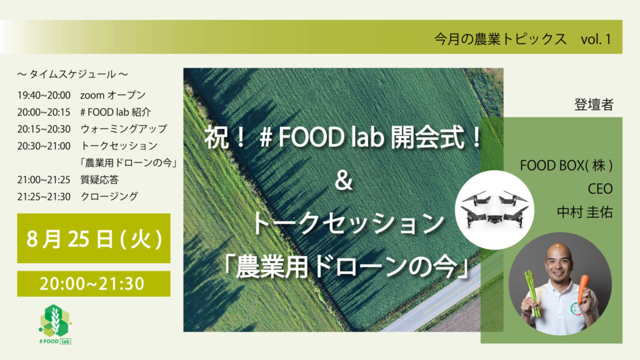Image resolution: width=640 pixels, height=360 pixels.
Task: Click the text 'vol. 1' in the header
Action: pos(596,39)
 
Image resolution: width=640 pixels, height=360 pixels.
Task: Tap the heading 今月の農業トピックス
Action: pos(500,39)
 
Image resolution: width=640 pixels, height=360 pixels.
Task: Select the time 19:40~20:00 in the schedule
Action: pos(44,96)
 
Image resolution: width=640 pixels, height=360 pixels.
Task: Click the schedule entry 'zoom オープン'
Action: pos(112,95)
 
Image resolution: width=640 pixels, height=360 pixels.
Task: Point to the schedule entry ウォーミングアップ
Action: pos(124,129)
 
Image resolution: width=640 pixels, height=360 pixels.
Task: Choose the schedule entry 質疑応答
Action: pos(99,179)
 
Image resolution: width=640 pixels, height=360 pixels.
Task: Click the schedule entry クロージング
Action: pos(109,196)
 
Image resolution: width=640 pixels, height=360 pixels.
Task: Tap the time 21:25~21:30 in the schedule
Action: pos(44,197)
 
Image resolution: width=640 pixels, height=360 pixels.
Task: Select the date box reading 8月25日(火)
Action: pos(94,238)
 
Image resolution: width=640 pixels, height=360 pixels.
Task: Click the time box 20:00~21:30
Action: pos(94,283)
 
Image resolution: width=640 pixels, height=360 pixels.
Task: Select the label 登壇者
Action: pos(594,105)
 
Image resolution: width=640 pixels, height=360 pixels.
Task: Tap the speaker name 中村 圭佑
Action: pos(584,212)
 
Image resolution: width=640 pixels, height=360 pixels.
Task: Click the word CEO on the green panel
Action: pos(600,189)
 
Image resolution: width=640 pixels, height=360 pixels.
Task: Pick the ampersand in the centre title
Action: pos(343,181)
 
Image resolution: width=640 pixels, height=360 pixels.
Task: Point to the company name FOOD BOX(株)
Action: pos(566,166)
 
